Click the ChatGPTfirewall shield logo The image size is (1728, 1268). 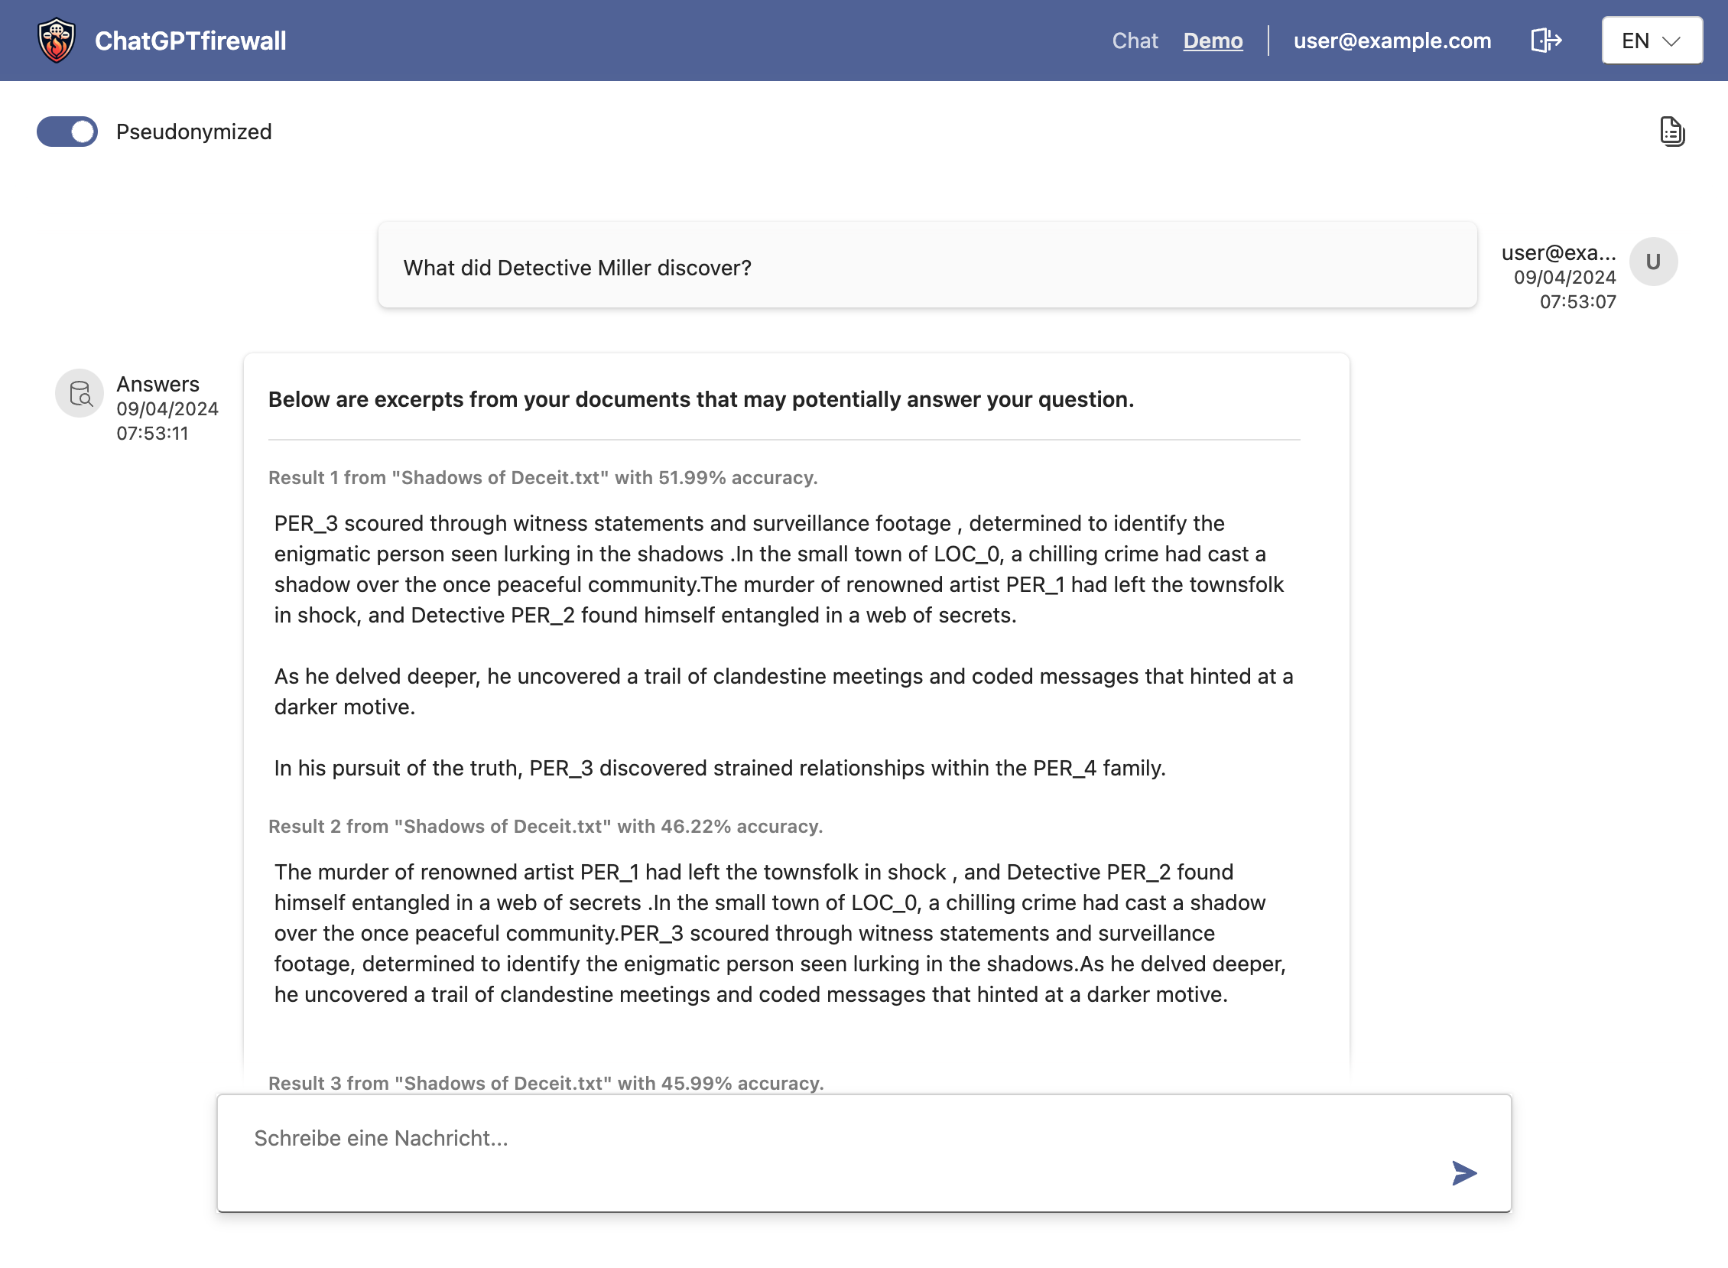(x=57, y=41)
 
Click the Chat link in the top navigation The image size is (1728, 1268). (x=1134, y=41)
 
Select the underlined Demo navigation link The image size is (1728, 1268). (x=1213, y=41)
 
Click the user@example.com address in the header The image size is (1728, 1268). (x=1392, y=41)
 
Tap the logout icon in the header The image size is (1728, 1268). (x=1545, y=41)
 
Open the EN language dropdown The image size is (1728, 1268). (x=1652, y=41)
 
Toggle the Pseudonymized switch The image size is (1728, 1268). (x=67, y=132)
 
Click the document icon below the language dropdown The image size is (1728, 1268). (x=1671, y=132)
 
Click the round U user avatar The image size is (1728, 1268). (x=1653, y=262)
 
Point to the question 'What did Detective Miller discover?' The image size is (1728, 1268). (x=577, y=268)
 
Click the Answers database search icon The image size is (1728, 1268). (x=80, y=394)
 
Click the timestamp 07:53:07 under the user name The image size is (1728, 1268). (x=1577, y=301)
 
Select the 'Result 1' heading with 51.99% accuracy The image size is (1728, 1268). (x=543, y=477)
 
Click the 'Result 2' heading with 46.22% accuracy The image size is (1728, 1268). (x=545, y=826)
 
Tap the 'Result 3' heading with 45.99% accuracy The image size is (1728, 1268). (x=546, y=1082)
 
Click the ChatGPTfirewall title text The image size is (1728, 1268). (x=190, y=41)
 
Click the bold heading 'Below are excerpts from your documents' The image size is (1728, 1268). (x=700, y=399)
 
